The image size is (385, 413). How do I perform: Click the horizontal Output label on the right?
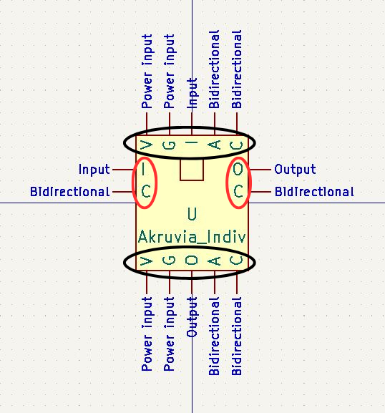[x=295, y=170]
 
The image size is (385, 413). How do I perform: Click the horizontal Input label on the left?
[x=94, y=170]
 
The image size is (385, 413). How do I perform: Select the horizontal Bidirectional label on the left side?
[x=70, y=192]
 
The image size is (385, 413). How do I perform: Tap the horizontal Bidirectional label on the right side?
[x=314, y=192]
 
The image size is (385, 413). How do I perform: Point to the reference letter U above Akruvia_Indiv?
[x=192, y=214]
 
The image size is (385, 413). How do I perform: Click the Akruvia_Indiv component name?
[x=192, y=237]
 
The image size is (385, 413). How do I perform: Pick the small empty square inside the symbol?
[x=192, y=170]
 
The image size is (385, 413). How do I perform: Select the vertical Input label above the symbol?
[x=192, y=93]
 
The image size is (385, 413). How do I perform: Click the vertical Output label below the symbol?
[x=192, y=317]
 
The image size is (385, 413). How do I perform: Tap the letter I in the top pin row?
[x=192, y=142]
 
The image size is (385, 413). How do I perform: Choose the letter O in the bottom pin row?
[x=192, y=261]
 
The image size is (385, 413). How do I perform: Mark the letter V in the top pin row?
[x=147, y=145]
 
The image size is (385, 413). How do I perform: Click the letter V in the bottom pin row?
[x=147, y=261]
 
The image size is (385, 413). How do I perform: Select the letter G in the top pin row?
[x=169, y=145]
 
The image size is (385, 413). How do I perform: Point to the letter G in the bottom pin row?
[x=169, y=261]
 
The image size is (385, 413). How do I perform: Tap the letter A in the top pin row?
[x=215, y=145]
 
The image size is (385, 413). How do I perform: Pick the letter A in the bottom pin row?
[x=215, y=261]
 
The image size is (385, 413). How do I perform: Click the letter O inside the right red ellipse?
[x=238, y=170]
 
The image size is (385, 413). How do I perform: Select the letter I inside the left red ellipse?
[x=143, y=170]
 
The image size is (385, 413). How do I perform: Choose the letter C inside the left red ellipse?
[x=146, y=192]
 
